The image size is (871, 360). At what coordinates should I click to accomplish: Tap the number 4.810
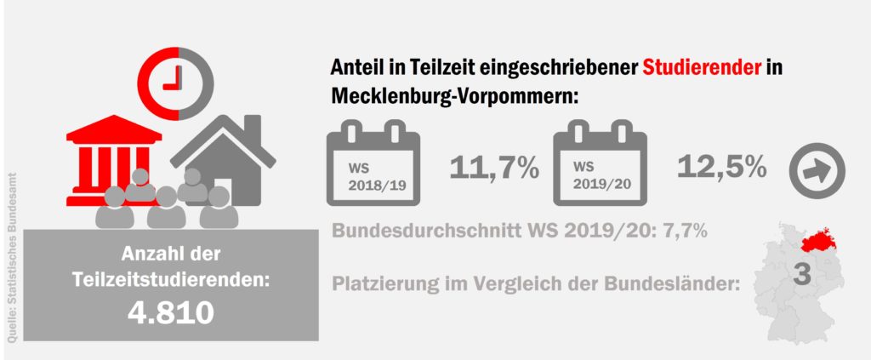pos(170,312)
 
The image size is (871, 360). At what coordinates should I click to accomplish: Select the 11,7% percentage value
pos(494,168)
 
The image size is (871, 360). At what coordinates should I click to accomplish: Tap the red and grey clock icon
pos(179,77)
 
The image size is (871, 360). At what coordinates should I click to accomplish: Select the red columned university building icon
pos(114,157)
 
